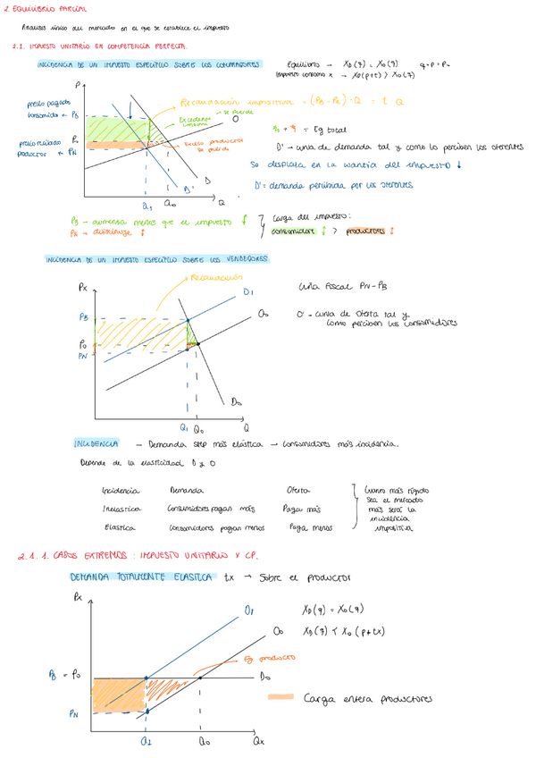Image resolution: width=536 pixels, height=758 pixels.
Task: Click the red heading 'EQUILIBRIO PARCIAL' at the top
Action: tap(44, 9)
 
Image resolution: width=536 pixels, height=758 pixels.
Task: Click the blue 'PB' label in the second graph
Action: tap(84, 316)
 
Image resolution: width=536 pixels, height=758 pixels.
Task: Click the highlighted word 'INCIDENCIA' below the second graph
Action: tap(96, 444)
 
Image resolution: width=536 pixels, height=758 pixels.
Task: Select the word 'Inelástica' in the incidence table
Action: tap(123, 509)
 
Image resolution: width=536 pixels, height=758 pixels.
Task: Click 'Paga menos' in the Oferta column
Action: tap(300, 526)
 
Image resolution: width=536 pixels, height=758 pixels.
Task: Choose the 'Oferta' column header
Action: tap(297, 491)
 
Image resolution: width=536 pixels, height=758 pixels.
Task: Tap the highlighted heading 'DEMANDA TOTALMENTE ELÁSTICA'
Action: tap(141, 577)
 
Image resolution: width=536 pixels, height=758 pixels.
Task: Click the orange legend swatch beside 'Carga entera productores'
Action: tap(284, 698)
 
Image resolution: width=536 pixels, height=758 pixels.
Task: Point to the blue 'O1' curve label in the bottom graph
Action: tap(247, 611)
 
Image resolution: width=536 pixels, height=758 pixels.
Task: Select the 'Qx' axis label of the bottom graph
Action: tap(259, 741)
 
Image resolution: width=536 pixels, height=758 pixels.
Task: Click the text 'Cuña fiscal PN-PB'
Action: tap(340, 288)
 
